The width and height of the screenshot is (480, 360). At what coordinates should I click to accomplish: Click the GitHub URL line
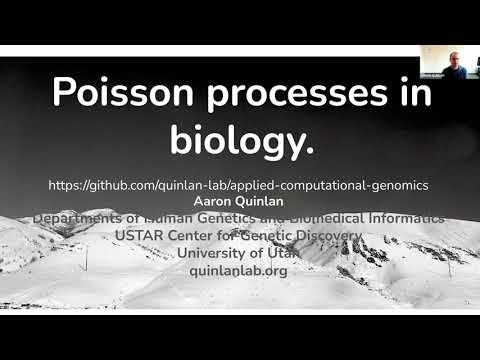(x=239, y=186)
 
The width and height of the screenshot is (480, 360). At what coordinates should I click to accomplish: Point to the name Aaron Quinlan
(x=239, y=202)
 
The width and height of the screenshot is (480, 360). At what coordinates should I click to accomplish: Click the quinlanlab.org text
(x=240, y=270)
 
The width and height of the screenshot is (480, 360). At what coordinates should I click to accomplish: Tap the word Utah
(x=277, y=253)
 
